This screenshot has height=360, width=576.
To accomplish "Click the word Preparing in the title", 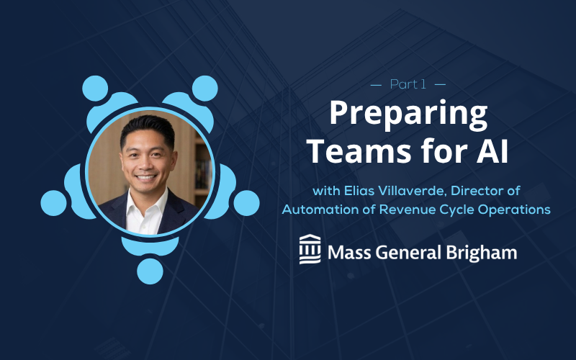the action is pos(408,114).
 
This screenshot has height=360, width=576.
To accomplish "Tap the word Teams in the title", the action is pos(359,150).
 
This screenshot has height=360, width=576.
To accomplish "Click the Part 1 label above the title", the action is pos(408,84).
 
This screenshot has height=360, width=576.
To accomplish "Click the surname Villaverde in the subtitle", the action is pos(409,191).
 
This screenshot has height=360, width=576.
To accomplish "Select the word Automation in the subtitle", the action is pos(315,210).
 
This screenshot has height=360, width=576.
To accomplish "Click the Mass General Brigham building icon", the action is pos(310,249).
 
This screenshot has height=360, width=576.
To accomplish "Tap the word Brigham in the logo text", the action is pos(481,253).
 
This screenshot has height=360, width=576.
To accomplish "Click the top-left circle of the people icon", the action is pos(95,89).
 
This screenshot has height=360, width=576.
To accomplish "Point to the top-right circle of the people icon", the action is pos(205,89).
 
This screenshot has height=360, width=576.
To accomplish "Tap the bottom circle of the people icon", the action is pos(150,271).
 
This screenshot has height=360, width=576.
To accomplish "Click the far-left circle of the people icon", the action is pos(53,203).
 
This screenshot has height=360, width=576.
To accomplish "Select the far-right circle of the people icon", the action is pos(246,203).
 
